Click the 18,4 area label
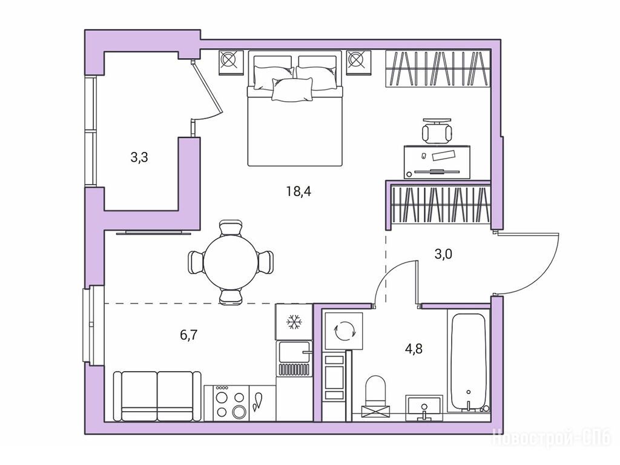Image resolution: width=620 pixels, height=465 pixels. click(x=299, y=192)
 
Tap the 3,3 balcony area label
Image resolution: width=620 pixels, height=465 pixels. click(x=139, y=157)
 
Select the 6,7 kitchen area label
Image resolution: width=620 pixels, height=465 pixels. click(x=189, y=335)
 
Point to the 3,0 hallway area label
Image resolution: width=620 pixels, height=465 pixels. click(x=443, y=254)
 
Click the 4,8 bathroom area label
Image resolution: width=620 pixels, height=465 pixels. click(x=414, y=348)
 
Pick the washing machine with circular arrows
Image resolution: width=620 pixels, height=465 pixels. click(x=343, y=331)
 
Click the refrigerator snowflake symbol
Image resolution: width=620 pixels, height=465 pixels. click(x=294, y=322)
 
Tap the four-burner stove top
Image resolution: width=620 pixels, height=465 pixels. click(x=226, y=403)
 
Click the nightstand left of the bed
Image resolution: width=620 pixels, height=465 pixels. click(x=231, y=62)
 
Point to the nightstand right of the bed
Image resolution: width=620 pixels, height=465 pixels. click(x=359, y=62)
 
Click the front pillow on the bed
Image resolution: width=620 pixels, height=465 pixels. click(x=292, y=89)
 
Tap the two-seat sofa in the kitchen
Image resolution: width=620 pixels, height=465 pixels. click(x=157, y=396)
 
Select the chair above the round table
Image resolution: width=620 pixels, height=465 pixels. click(x=231, y=228)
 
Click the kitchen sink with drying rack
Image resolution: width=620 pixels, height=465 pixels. click(x=294, y=358)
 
